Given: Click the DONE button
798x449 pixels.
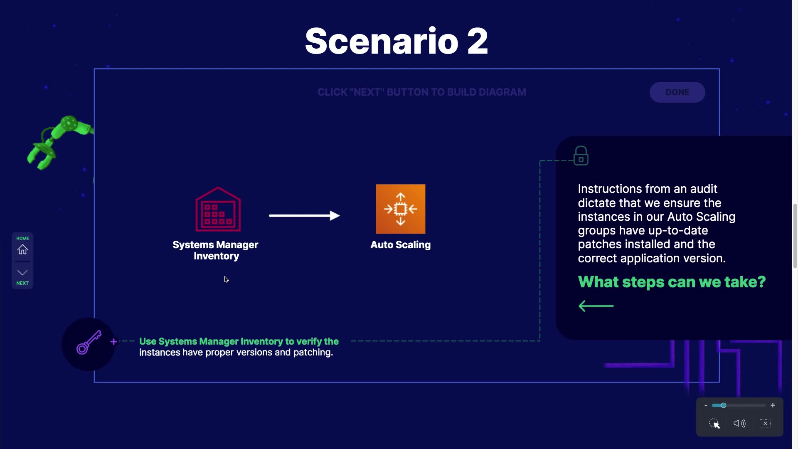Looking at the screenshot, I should (x=677, y=92).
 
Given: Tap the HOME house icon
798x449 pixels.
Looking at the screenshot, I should (x=22, y=249).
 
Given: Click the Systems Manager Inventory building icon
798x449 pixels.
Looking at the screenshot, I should (x=218, y=209).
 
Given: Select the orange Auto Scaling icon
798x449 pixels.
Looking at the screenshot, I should (x=400, y=209).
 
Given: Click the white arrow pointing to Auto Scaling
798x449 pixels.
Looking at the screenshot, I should (x=304, y=215).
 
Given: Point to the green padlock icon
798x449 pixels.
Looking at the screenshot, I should (x=581, y=156).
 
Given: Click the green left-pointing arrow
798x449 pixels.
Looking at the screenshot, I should (x=596, y=306).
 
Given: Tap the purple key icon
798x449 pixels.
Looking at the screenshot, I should (x=89, y=343).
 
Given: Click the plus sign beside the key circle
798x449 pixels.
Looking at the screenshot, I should (x=113, y=342).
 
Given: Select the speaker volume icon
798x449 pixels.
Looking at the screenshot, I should (x=739, y=423).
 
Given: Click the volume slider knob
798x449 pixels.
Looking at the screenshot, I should (x=724, y=405).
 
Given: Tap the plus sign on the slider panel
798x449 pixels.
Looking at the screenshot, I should (x=773, y=405).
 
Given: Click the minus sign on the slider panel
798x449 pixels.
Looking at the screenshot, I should (x=706, y=405).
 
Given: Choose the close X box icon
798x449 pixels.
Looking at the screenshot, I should (x=765, y=423).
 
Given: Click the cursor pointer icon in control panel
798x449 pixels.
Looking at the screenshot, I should (x=714, y=424).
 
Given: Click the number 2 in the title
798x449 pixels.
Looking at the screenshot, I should (x=478, y=42).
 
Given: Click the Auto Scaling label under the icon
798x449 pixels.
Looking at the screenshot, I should (x=400, y=245).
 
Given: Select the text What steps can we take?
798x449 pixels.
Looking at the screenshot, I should (x=672, y=282).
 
